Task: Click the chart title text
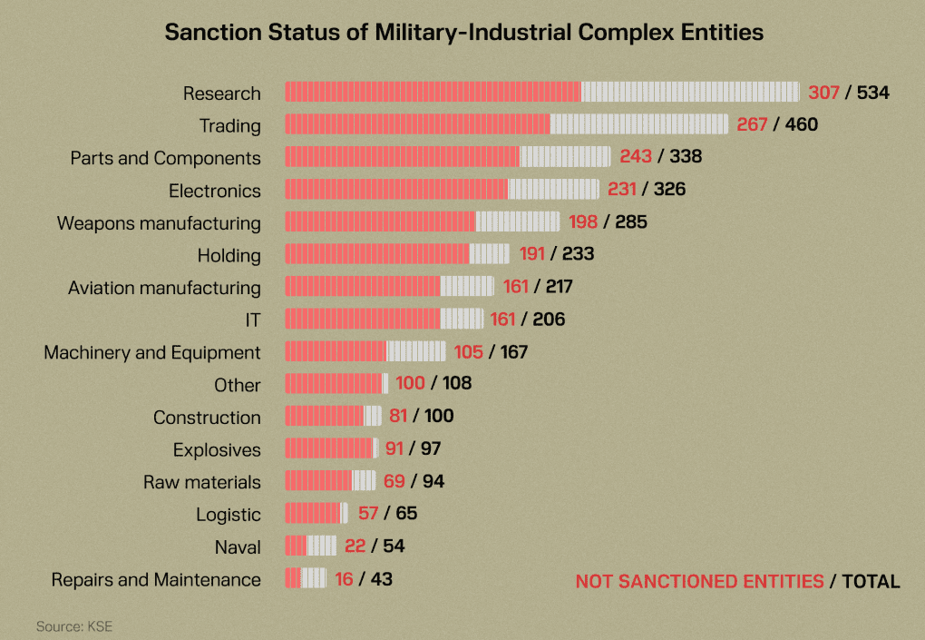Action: click(x=463, y=33)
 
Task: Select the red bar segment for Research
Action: click(x=433, y=92)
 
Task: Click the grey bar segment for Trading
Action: click(x=638, y=124)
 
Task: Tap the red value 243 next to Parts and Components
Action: click(x=636, y=157)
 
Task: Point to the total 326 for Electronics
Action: click(x=669, y=190)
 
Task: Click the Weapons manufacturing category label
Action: click(x=159, y=223)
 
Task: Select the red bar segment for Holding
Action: click(x=377, y=254)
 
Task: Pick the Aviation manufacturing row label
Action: click(x=164, y=288)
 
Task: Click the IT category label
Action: click(x=252, y=320)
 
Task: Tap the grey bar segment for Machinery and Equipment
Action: click(x=415, y=351)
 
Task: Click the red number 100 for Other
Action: click(x=410, y=384)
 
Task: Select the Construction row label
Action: click(x=207, y=418)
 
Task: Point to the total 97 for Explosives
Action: click(x=430, y=449)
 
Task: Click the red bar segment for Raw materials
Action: click(x=318, y=481)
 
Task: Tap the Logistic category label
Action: click(x=229, y=515)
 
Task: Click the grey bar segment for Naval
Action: click(x=322, y=546)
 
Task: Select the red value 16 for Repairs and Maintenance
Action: click(x=344, y=579)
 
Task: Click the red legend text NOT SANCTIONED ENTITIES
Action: click(x=699, y=582)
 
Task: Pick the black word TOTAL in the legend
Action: click(x=871, y=582)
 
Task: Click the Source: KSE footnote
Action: click(x=74, y=626)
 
